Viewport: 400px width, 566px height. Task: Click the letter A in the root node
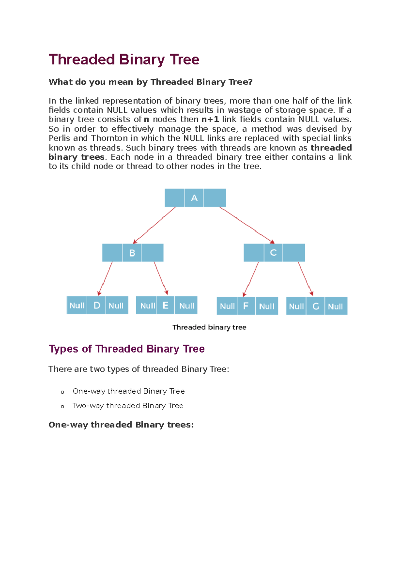click(x=194, y=198)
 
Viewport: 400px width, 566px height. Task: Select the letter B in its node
click(x=132, y=253)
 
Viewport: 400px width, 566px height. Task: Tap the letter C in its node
click(x=273, y=253)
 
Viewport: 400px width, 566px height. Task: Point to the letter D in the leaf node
click(x=97, y=305)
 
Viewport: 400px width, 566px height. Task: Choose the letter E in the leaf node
click(x=165, y=305)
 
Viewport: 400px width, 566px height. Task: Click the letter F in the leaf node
click(x=246, y=306)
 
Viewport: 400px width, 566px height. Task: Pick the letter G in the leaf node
click(x=316, y=306)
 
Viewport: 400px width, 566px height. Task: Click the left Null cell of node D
click(x=77, y=305)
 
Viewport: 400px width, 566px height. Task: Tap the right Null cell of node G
click(x=335, y=306)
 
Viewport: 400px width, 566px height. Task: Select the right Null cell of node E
click(x=186, y=305)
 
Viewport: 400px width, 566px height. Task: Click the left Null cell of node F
click(x=227, y=306)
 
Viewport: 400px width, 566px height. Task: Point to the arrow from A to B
click(x=154, y=225)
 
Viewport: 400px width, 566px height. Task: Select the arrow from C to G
click(x=305, y=278)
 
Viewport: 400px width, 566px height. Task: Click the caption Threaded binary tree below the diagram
click(x=209, y=327)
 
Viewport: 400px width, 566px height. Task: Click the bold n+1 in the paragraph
click(x=210, y=119)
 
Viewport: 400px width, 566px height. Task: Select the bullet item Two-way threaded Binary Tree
click(x=128, y=406)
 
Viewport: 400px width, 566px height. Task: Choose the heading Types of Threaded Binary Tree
click(x=126, y=349)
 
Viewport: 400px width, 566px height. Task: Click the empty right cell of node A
click(x=215, y=198)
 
